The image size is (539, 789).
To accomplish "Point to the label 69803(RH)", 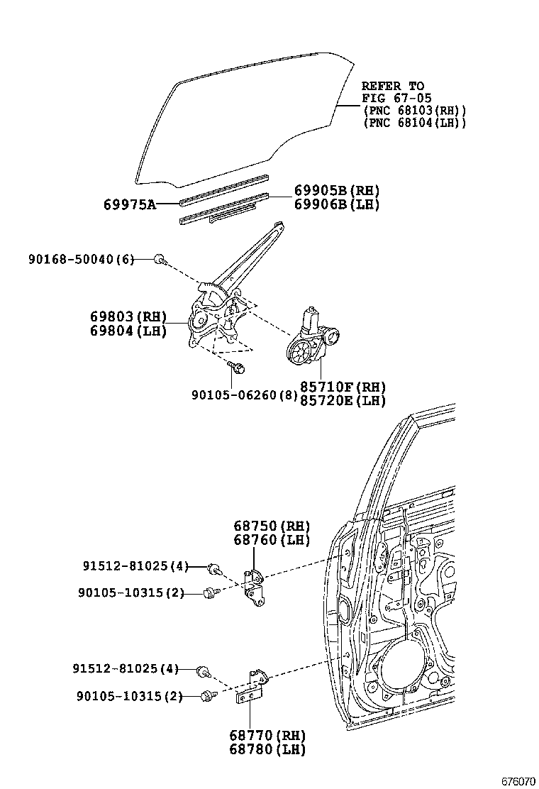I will pos(128,316).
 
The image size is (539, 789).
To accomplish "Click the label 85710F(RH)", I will pos(342,387).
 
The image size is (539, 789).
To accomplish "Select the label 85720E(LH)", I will pos(342,401).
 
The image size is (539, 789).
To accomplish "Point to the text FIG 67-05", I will pos(396,99).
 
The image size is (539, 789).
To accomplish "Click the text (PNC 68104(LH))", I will pos(414,123).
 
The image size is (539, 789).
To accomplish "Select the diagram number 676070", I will pos(518,780).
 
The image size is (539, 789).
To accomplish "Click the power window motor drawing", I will pos(312,341).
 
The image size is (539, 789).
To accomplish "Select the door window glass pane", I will pos(241,117).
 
